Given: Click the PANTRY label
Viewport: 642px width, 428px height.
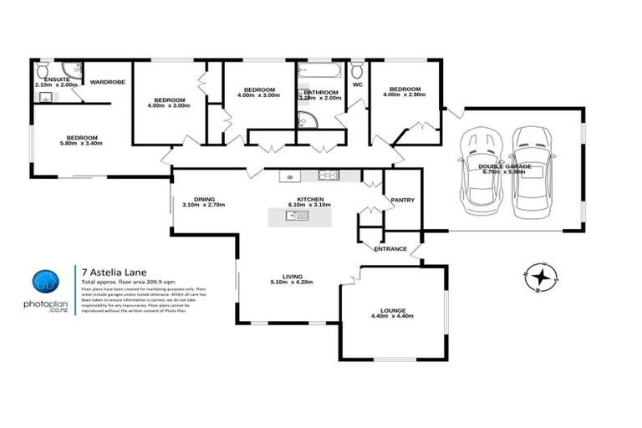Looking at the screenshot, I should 402,200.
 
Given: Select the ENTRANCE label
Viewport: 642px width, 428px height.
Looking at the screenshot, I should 390,248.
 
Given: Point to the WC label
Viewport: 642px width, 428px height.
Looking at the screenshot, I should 358,85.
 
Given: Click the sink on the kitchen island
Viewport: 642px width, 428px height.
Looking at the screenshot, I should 297,217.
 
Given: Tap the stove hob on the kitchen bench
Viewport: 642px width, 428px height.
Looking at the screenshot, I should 327,176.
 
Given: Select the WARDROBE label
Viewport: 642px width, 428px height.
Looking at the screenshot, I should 107,83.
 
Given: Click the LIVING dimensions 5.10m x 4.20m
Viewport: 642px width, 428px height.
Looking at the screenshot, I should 292,283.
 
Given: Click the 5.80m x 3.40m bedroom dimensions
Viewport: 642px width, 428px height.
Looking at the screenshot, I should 83,145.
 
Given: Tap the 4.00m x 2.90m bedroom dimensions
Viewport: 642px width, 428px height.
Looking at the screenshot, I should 404,95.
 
